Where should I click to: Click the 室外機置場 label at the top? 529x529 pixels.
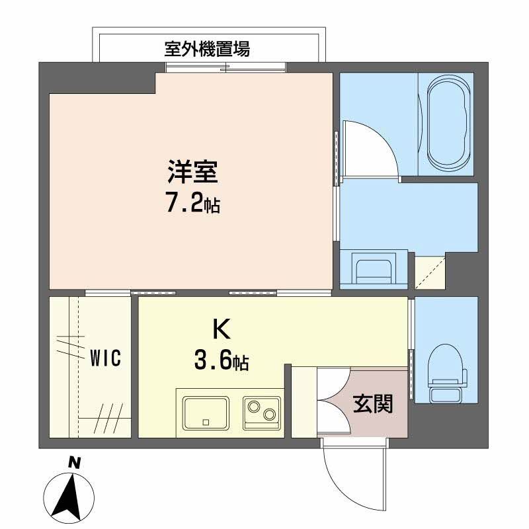207,48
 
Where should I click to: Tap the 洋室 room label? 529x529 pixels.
192,173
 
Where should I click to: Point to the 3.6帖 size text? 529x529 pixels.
221,361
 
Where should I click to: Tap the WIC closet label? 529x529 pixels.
105,359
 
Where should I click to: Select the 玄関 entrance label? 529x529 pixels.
372,404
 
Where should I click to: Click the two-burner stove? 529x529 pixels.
261,413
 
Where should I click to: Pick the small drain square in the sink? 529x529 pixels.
206,422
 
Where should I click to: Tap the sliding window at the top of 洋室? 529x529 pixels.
226,66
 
